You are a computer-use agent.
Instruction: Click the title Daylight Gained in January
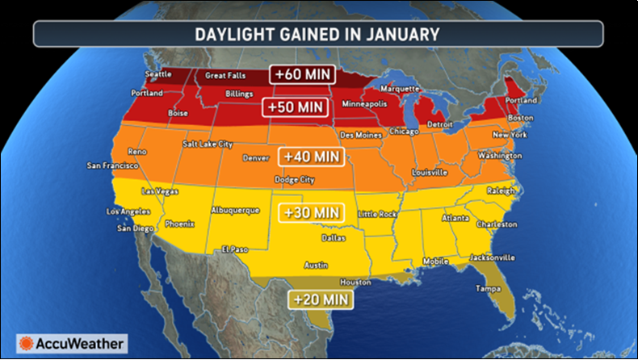pos(317,34)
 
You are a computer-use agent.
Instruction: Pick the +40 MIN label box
pos(311,156)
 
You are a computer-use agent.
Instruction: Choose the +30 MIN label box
pos(311,212)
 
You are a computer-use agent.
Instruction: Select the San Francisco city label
pos(113,165)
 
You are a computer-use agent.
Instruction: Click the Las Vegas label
pos(159,191)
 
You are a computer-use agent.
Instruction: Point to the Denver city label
pos(254,157)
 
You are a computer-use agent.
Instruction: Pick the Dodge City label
pos(296,179)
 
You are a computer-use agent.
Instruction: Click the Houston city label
pos(355,283)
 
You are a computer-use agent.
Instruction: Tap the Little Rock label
pos(379,214)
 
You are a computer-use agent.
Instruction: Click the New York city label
pos(510,134)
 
